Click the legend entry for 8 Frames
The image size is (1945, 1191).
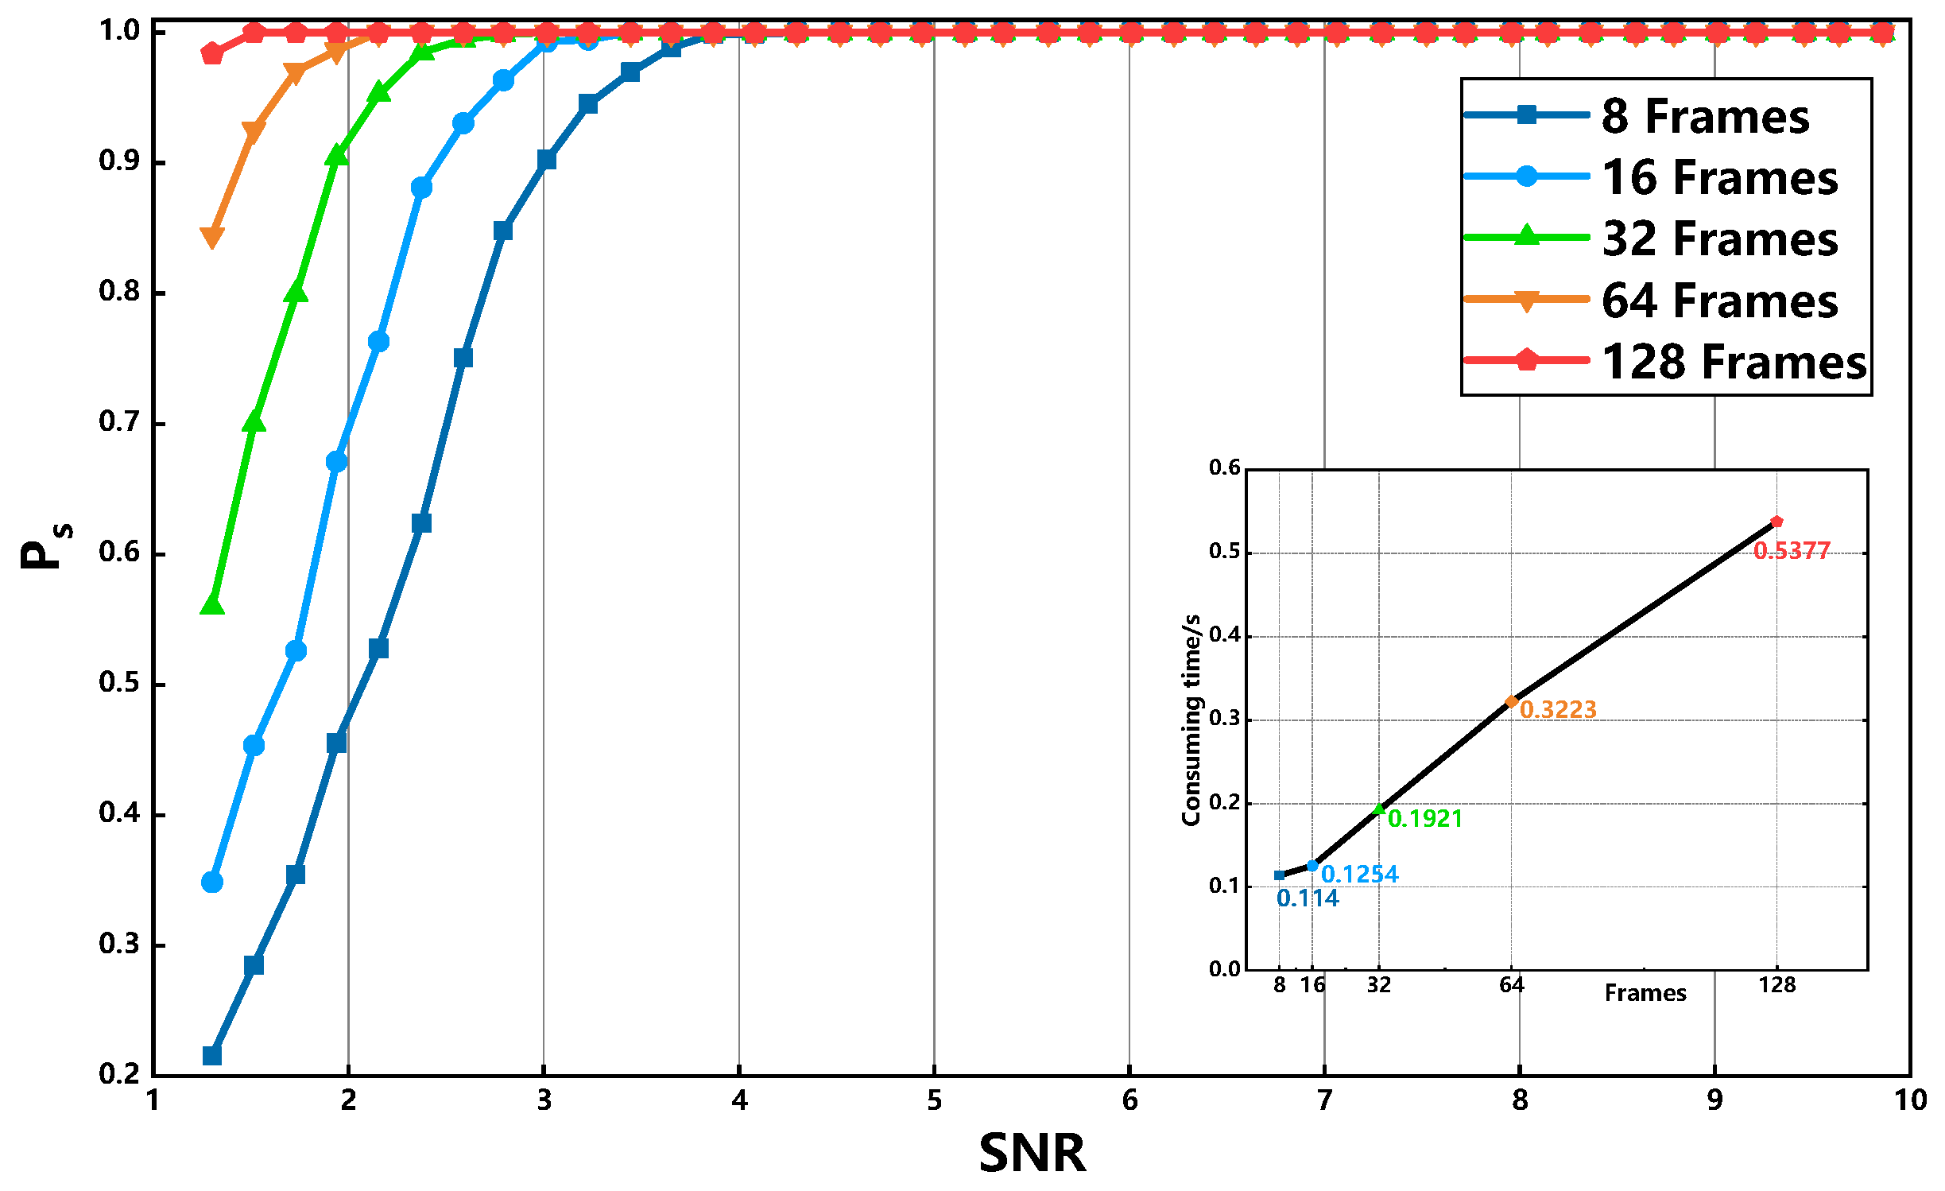(x=1704, y=116)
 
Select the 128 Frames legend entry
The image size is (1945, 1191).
(x=1733, y=362)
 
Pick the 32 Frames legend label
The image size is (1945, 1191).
(x=1719, y=239)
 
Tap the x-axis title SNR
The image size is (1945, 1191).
(x=1032, y=1153)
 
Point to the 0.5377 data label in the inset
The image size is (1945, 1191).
(x=1792, y=550)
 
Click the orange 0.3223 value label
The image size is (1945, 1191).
(x=1558, y=709)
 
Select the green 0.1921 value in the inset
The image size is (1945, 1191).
(x=1425, y=818)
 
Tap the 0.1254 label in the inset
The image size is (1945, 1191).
(x=1359, y=875)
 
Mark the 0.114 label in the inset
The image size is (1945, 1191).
(x=1308, y=898)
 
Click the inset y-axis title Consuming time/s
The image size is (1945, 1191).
(x=1191, y=720)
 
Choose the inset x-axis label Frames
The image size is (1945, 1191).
(x=1645, y=993)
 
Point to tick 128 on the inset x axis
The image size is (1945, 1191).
(x=1776, y=985)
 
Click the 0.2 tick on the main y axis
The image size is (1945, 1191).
(x=119, y=1074)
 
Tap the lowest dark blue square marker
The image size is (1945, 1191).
(x=212, y=1056)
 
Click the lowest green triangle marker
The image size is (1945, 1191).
(x=212, y=605)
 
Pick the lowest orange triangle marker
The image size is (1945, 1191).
(x=212, y=237)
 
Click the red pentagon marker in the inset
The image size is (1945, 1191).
(x=1776, y=522)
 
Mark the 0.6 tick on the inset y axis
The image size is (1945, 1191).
(x=1224, y=467)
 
